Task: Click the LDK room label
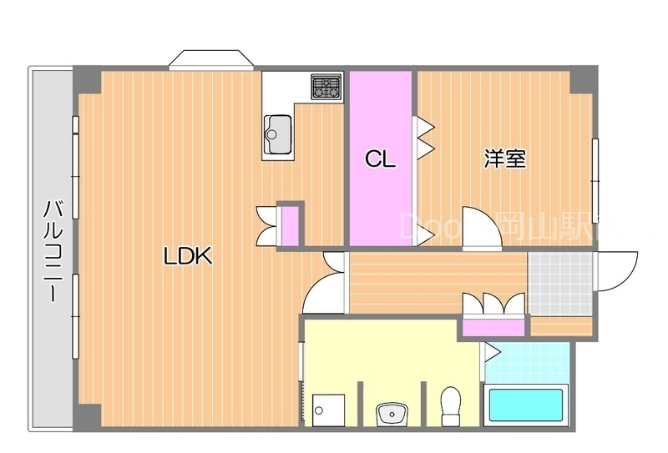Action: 187,257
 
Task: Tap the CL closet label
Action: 380,159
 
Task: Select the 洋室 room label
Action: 504,159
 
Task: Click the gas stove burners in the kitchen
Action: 326,86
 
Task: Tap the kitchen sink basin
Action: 278,130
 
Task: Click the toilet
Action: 451,405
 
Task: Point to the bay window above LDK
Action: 210,60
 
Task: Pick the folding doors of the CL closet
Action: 424,138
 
